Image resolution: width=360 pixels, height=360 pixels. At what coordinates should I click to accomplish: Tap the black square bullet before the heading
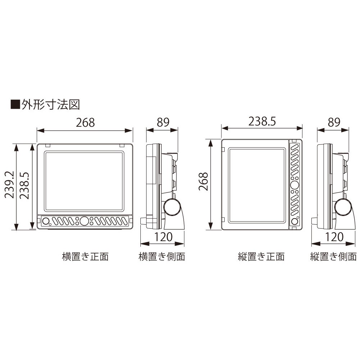15,104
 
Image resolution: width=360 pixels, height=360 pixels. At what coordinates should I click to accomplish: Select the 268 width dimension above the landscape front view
85,122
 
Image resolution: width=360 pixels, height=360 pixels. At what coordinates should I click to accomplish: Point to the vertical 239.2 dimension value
9,185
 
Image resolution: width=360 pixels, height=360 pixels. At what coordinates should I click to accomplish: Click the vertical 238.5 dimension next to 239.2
24,185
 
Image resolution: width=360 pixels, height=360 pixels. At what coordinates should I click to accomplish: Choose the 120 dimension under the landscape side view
163,237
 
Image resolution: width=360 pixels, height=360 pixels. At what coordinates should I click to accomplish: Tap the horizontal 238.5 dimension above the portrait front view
262,122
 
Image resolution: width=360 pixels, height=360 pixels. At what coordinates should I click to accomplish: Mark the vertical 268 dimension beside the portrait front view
203,181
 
